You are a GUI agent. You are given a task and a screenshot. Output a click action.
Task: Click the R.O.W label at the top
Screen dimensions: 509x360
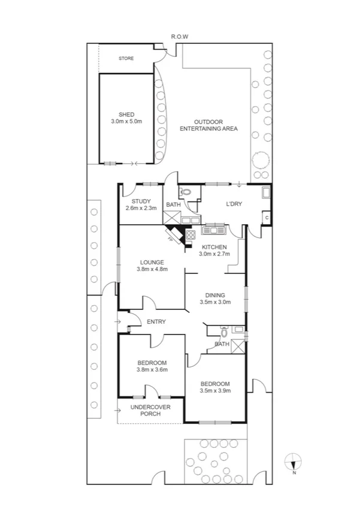[x=180, y=37]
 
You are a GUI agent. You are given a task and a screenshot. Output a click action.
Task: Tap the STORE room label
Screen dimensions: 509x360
[x=126, y=58]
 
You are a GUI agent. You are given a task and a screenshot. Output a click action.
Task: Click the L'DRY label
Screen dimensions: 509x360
[x=234, y=204]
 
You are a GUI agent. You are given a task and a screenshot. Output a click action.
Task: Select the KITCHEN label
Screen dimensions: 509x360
[x=214, y=247]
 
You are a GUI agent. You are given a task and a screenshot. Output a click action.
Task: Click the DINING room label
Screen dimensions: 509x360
[x=215, y=295]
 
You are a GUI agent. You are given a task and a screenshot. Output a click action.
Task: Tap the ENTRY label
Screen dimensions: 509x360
[x=156, y=322]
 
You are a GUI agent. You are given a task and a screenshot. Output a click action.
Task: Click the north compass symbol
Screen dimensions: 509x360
[x=293, y=461]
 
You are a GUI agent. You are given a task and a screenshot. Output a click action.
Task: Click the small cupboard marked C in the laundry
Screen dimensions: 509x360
[x=266, y=218]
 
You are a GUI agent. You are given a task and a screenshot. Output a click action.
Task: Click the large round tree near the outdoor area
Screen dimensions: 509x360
[x=261, y=161]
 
